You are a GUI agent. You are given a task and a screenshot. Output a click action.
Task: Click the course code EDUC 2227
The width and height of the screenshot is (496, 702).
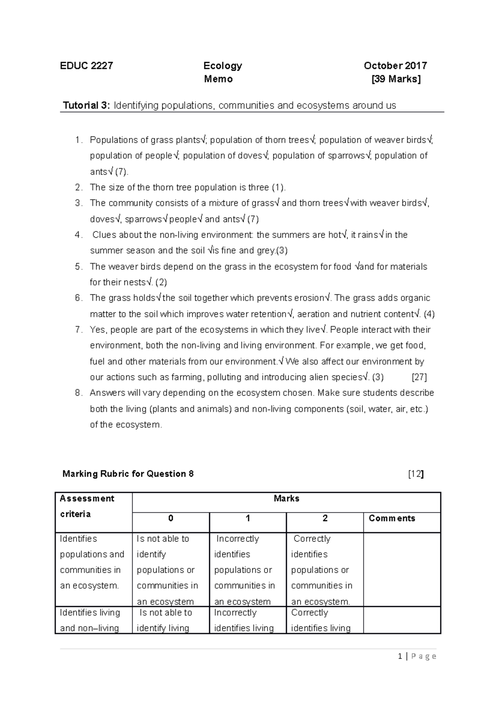(86, 66)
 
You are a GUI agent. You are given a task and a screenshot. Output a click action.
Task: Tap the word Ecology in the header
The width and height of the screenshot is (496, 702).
(222, 66)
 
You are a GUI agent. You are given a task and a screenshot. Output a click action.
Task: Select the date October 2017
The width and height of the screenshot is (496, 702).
(395, 66)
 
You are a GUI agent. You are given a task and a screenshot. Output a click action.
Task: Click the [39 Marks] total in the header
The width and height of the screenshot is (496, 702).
(396, 79)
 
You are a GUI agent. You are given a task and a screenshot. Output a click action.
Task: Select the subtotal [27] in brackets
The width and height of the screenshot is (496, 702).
(419, 377)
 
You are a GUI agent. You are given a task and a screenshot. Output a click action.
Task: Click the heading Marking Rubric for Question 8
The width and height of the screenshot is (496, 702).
(128, 474)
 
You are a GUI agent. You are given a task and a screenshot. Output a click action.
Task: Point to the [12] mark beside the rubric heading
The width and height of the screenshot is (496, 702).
(415, 474)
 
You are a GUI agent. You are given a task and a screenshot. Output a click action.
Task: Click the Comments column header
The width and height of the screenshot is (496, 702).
(391, 518)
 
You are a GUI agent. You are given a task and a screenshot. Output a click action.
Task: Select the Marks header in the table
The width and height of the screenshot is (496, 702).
(286, 499)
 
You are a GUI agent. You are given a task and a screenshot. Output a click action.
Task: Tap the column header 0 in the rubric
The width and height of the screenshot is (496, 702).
(171, 518)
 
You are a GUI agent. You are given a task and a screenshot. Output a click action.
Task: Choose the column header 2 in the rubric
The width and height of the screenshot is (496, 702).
(325, 518)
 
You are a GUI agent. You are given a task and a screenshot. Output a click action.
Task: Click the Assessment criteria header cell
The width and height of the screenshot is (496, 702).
(87, 506)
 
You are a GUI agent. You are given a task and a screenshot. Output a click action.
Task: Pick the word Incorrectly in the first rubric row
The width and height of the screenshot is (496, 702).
(238, 539)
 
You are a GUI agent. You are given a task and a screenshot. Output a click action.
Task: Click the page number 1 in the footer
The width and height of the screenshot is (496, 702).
(400, 656)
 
